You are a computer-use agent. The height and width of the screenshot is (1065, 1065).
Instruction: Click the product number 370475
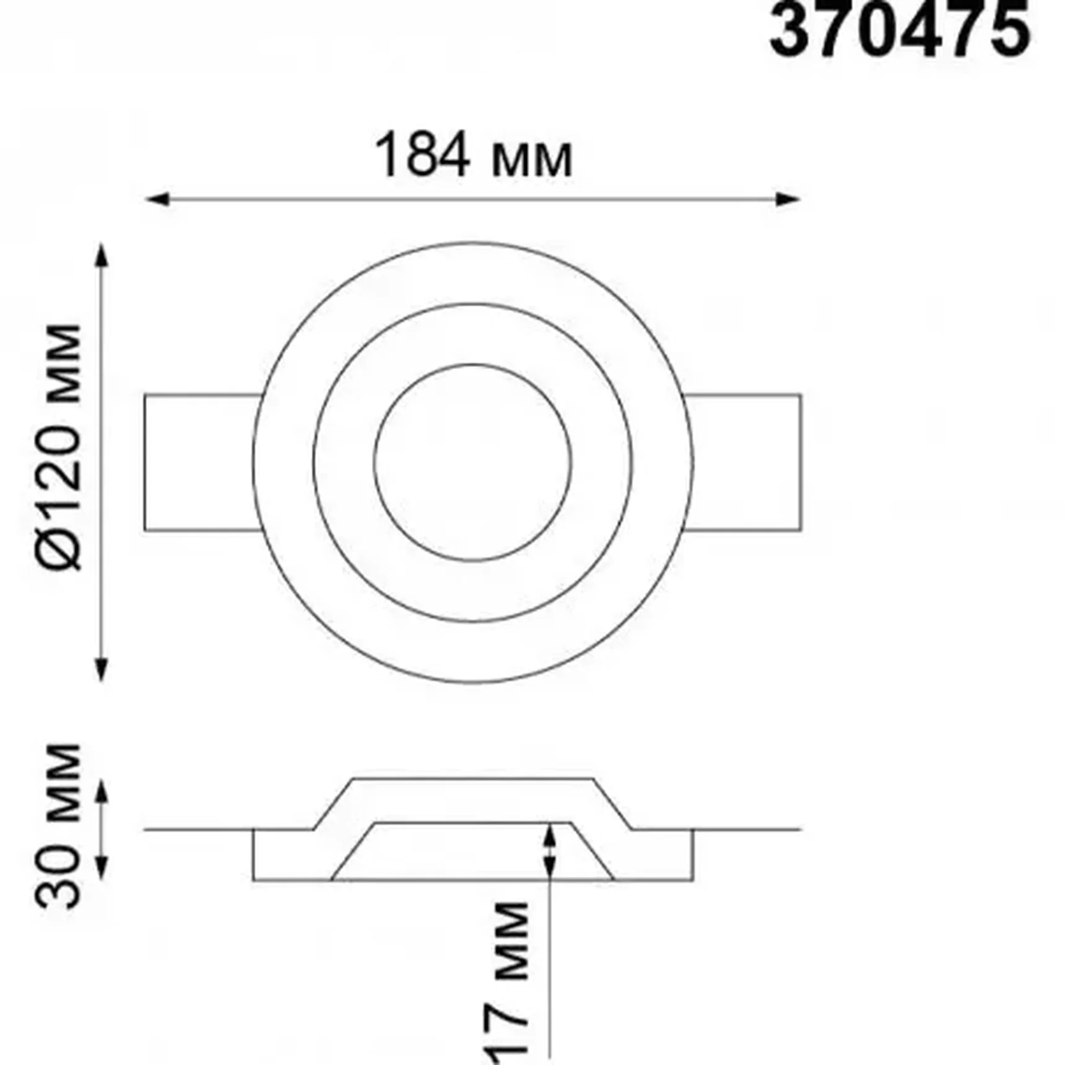click(899, 31)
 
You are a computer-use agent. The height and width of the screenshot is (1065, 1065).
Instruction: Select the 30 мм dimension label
click(59, 827)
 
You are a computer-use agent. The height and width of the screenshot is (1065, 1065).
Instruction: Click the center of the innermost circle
click(472, 463)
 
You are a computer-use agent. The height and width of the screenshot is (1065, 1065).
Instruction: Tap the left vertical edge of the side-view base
click(253, 854)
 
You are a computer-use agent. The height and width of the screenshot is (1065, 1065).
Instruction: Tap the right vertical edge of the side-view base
click(692, 854)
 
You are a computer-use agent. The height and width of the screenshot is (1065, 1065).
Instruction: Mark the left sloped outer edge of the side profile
click(333, 804)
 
